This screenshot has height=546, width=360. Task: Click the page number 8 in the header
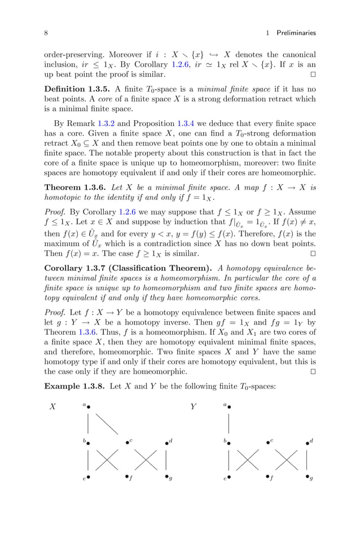coord(46,33)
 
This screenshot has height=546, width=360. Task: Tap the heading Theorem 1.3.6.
coord(76,187)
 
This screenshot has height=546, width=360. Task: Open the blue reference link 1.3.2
coord(107,123)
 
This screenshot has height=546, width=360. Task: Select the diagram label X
coord(53,407)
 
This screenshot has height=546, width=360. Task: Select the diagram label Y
coord(193,407)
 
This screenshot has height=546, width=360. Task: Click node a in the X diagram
coord(88,406)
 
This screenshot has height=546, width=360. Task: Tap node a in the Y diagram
coord(229,406)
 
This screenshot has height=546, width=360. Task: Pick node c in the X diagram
coord(128,443)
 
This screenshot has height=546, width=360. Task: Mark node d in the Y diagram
coord(307,443)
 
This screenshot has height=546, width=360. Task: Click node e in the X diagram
coord(88,477)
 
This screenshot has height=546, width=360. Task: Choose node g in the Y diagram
coord(307,477)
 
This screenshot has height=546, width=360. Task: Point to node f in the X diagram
coord(128,477)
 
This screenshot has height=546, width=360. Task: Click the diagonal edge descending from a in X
coord(106,423)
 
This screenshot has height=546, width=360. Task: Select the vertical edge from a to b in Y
coord(229,423)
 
